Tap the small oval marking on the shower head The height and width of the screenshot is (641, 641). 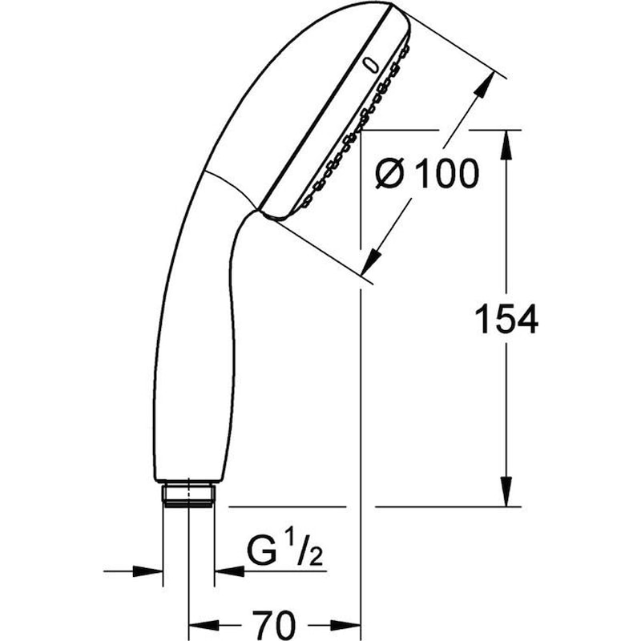tap(369, 65)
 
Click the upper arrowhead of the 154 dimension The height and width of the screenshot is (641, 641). tap(506, 144)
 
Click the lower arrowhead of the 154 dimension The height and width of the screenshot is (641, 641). tap(506, 492)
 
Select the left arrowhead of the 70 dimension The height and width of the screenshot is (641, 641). tap(200, 623)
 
